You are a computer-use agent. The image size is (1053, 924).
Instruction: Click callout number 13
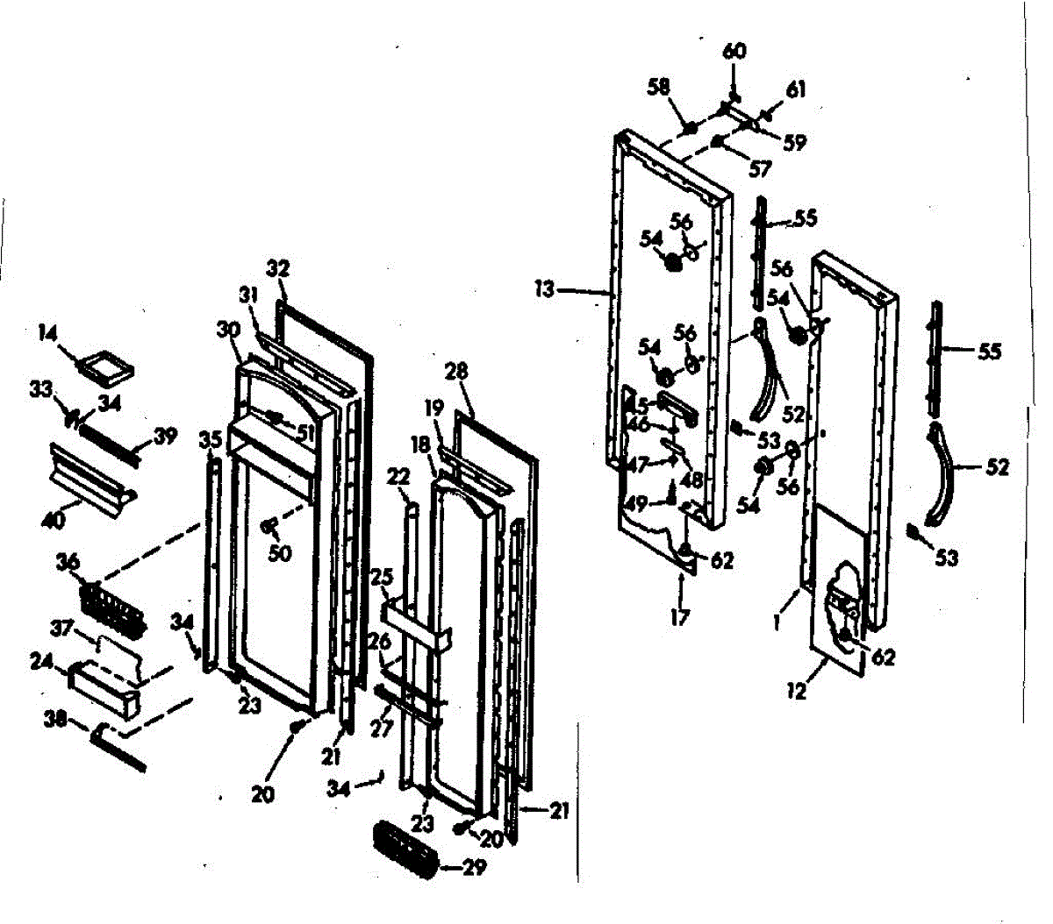coord(545,288)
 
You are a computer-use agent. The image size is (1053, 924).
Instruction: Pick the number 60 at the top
coord(734,52)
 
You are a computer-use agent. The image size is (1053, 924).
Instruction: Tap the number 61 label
coord(795,89)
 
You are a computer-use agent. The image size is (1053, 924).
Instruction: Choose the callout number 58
coord(659,87)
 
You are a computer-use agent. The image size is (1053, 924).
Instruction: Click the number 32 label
coord(278,268)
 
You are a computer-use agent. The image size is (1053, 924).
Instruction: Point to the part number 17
coord(680,617)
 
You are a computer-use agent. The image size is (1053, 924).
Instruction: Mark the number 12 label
coord(798,691)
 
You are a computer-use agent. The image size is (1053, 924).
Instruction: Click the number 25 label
coord(382,577)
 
